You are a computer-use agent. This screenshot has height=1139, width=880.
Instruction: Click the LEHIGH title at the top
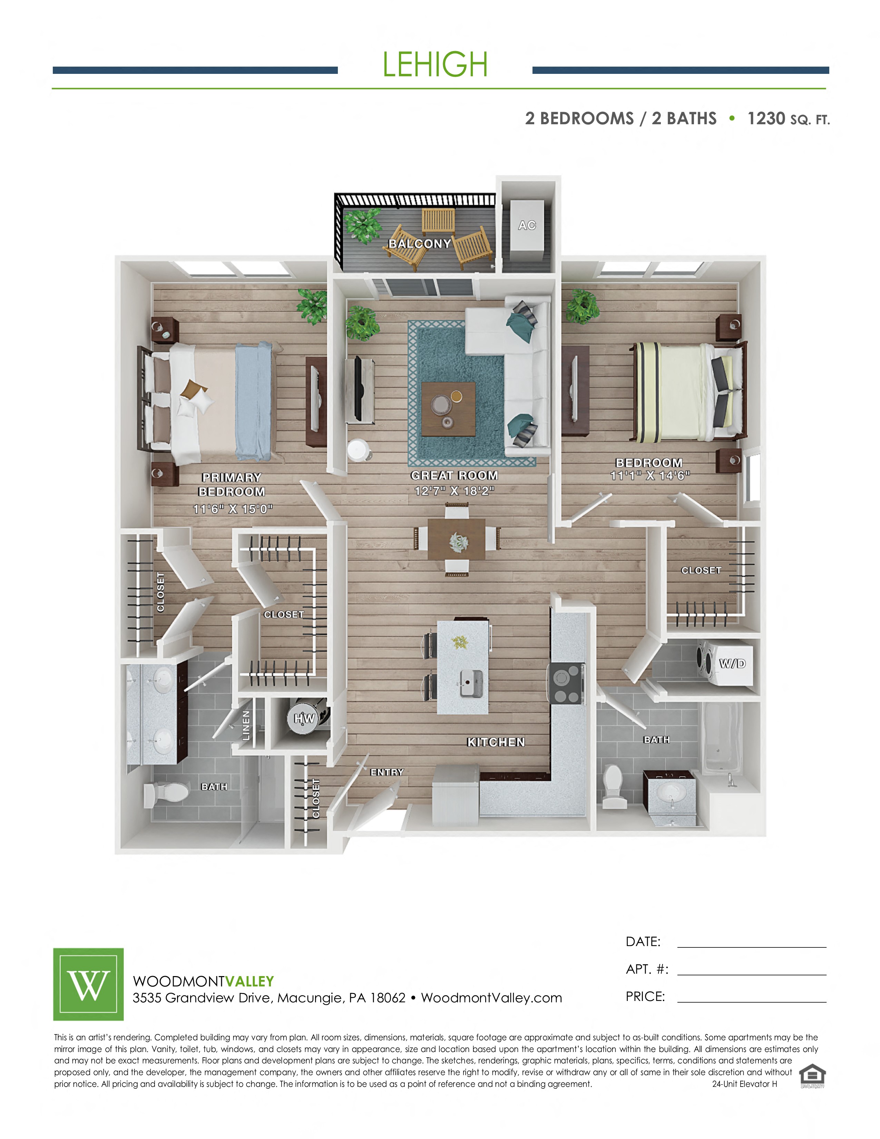[435, 65]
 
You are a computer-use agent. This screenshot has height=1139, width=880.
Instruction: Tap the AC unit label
[527, 225]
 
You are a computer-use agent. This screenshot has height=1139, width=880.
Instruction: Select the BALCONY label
[420, 244]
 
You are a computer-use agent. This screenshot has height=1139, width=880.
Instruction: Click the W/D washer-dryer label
[732, 663]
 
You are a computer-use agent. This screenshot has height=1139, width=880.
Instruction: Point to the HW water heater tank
[307, 718]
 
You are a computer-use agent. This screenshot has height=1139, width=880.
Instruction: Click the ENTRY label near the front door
[387, 772]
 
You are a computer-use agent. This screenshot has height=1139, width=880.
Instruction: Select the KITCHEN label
[496, 742]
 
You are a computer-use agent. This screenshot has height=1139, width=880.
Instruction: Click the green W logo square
[89, 984]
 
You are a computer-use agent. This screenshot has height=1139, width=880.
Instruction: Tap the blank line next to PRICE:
[752, 1002]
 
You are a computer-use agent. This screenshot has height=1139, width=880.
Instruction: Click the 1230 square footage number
[766, 118]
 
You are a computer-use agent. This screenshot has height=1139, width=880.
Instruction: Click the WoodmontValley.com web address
[492, 998]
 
